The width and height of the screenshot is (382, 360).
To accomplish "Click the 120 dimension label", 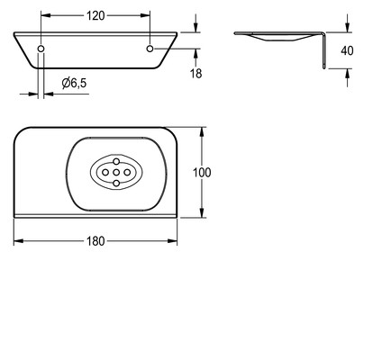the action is point(95,15).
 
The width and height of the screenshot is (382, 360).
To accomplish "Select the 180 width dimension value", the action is point(95,241).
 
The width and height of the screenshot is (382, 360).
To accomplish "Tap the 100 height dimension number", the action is point(202,173).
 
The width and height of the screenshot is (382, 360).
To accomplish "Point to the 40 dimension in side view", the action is point(347,50).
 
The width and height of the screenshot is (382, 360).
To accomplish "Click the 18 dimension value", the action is point(196,74).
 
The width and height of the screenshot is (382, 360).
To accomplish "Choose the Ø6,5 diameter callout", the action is point(74,83).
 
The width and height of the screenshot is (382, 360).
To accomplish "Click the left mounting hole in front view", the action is point(41,49).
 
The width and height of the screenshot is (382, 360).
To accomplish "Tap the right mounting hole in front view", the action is point(150,49).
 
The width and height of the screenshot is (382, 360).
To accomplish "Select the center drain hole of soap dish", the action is point(116,173).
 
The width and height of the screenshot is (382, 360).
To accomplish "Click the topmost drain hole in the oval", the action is point(116,161).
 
